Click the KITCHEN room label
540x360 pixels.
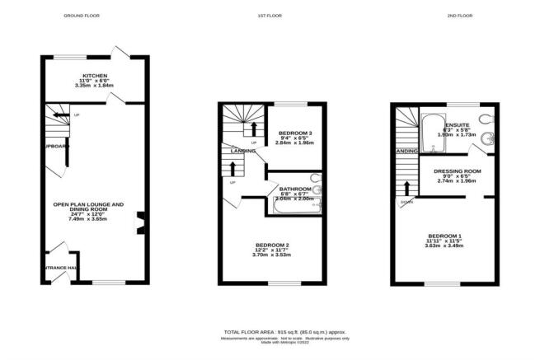tap(95, 75)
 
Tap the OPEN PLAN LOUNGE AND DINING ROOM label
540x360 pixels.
tap(88, 204)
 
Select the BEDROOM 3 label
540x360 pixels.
tap(294, 133)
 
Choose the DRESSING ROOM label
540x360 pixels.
tap(450, 171)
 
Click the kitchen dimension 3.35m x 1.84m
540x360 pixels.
tap(95, 85)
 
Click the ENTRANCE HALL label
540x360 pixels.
tap(60, 269)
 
